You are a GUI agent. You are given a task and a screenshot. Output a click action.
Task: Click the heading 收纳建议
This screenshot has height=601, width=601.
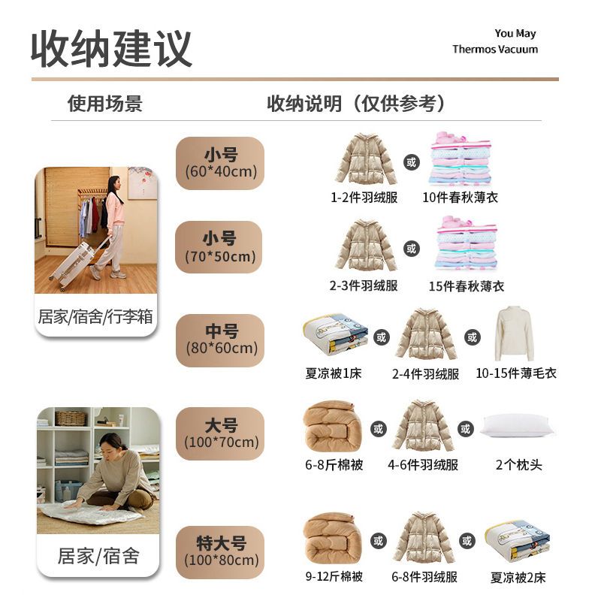coord(111,49)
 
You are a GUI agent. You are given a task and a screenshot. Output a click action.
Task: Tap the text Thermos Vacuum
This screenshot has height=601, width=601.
coord(495,49)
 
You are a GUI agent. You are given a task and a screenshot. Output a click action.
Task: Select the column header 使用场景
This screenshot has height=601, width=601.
coord(105,104)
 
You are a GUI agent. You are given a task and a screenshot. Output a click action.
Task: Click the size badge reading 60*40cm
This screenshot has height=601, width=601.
coord(220,163)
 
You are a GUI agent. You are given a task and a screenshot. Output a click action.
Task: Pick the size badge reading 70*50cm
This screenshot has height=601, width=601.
coord(219,247)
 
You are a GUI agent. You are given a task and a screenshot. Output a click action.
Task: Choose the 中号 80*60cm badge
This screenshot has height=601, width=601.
coord(220,340)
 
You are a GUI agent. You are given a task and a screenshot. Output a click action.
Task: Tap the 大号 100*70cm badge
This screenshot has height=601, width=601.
coord(220,433)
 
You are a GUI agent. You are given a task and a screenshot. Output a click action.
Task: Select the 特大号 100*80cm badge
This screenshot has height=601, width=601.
coord(220,552)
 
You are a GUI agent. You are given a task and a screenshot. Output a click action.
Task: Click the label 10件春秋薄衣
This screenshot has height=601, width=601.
coord(460,198)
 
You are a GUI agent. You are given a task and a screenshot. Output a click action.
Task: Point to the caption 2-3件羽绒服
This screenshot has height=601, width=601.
coord(364,285)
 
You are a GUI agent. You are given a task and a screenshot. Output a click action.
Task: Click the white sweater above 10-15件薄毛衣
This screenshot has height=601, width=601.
coord(514,334)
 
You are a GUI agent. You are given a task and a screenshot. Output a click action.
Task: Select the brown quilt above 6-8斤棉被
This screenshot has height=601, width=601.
coord(333,426)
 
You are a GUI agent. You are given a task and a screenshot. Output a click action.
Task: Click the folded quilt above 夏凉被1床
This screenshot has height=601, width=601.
coord(336,335)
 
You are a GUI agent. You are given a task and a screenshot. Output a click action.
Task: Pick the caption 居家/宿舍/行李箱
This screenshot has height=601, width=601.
coord(95,317)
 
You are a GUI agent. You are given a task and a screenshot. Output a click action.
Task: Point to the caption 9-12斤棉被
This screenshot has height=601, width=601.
coord(334,576)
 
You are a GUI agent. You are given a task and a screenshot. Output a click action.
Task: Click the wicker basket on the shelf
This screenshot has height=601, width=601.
coord(71,418)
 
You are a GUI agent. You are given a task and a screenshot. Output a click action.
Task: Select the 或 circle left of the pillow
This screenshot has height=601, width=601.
coord(465,429)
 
